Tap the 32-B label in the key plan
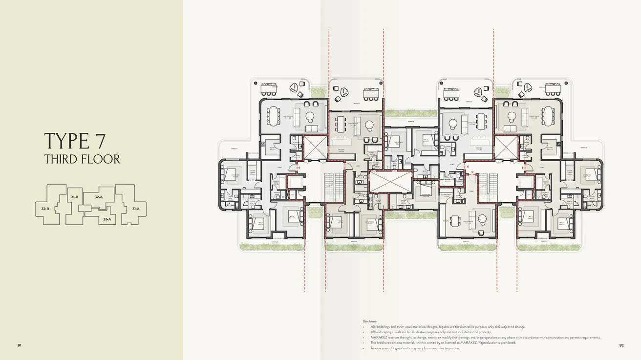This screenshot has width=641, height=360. (x=45, y=209)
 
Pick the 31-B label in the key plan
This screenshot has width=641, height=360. (x=74, y=196)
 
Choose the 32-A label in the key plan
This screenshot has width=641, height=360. (x=99, y=197)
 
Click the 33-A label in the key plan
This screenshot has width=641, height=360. (x=107, y=219)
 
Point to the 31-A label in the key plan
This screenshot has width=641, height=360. (x=135, y=209)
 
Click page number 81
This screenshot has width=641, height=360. (x=20, y=345)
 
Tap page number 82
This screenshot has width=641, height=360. (x=621, y=345)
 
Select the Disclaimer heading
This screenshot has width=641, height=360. (x=370, y=321)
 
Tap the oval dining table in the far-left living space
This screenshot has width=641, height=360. (x=272, y=116)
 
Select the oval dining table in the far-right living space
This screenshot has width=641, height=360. (x=551, y=116)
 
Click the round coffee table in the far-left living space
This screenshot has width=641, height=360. (x=309, y=116)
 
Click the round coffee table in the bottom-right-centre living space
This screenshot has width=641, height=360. (x=483, y=218)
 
